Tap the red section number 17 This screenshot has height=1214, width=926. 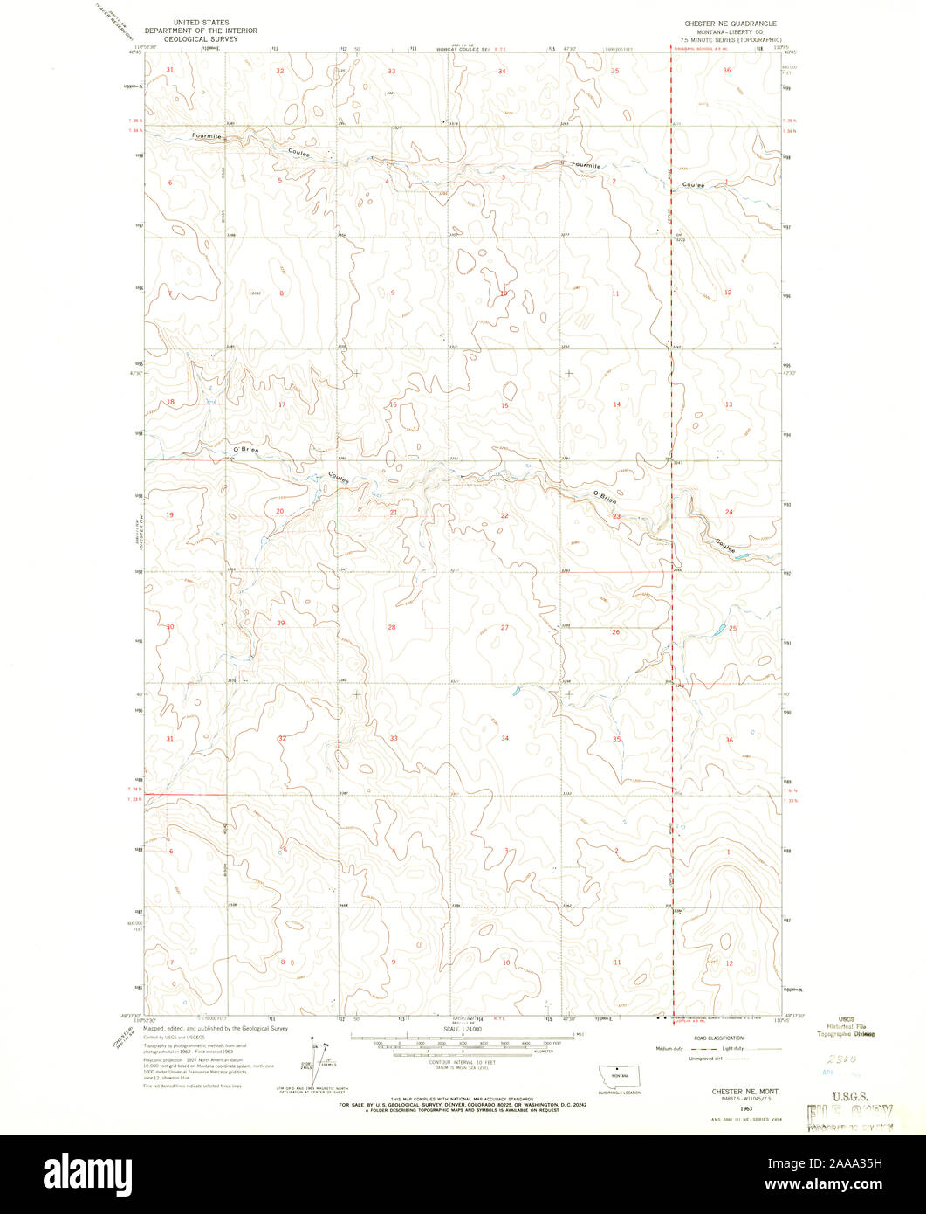(282, 404)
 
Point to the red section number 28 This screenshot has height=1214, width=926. (392, 627)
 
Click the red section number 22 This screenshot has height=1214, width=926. (504, 516)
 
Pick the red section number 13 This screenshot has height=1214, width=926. (728, 404)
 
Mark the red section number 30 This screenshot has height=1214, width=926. (171, 627)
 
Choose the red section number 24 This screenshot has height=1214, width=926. (728, 512)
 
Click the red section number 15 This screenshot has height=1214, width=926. (504, 405)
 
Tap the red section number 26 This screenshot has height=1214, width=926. (616, 631)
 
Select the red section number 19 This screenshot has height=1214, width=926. (170, 514)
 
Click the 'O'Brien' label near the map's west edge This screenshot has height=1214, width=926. (246, 451)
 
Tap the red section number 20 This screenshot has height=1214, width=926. (280, 511)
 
